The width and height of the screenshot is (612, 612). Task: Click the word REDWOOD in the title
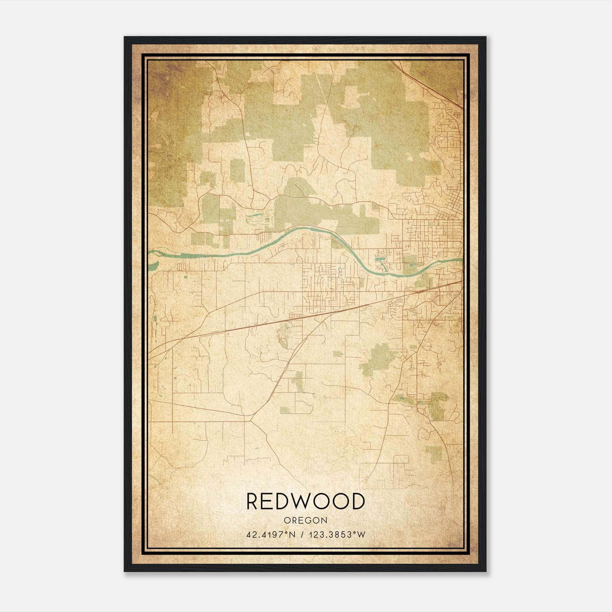tap(305, 501)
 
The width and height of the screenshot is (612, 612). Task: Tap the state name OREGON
tap(305, 521)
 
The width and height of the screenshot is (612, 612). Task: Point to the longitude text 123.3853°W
tap(338, 535)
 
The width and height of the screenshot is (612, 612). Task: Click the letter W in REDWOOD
tap(299, 501)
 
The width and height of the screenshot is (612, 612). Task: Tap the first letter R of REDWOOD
tap(253, 501)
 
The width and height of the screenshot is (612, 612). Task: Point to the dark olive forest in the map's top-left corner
tap(168, 115)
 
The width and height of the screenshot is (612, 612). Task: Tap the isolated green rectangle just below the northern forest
tap(237, 171)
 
